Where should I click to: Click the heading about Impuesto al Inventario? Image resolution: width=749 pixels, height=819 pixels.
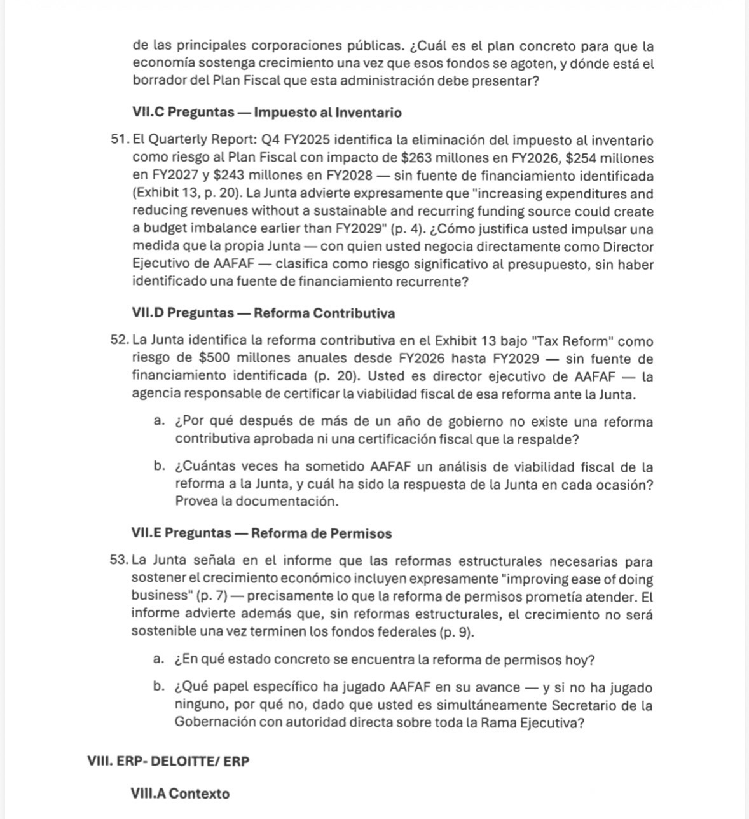click(x=267, y=113)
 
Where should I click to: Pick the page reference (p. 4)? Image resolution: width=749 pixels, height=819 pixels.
click(x=404, y=229)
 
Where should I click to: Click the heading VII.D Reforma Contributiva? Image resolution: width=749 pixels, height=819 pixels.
click(x=263, y=313)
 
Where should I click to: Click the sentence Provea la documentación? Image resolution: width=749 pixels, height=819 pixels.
click(x=257, y=501)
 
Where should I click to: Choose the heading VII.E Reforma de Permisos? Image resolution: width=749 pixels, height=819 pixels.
click(x=261, y=533)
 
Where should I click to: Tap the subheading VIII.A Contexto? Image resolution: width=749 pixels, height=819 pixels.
click(x=180, y=794)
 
